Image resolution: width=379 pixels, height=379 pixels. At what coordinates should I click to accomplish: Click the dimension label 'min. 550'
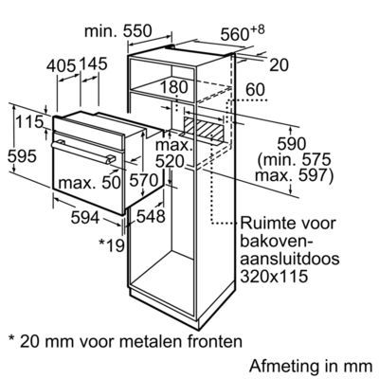click(x=118, y=31)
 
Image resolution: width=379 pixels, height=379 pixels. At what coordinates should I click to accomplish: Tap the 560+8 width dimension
click(x=243, y=33)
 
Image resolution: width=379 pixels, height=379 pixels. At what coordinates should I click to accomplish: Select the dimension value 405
click(x=62, y=66)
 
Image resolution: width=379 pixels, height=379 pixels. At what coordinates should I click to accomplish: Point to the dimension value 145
click(x=93, y=63)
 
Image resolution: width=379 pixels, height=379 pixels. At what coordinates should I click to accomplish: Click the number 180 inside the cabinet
click(x=174, y=87)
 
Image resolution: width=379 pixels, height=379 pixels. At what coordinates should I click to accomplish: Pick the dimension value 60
click(x=255, y=90)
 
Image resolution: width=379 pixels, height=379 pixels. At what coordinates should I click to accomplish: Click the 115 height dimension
click(x=29, y=122)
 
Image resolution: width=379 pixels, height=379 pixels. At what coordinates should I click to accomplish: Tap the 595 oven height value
click(x=22, y=156)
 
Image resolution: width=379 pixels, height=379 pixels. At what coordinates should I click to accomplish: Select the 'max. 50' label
click(x=90, y=182)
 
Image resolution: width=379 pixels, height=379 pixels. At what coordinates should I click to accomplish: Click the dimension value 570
click(x=144, y=181)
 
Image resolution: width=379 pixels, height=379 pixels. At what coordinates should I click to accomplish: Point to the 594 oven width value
click(x=85, y=218)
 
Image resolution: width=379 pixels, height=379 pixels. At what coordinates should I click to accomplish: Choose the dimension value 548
click(x=151, y=217)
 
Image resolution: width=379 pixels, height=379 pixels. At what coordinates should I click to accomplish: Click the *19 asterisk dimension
click(x=112, y=245)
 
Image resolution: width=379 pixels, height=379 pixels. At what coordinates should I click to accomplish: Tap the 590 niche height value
click(x=292, y=144)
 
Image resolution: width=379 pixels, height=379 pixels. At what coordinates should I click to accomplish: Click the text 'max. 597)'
click(x=294, y=175)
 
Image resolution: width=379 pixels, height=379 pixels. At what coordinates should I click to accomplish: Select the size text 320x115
click(x=274, y=277)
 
